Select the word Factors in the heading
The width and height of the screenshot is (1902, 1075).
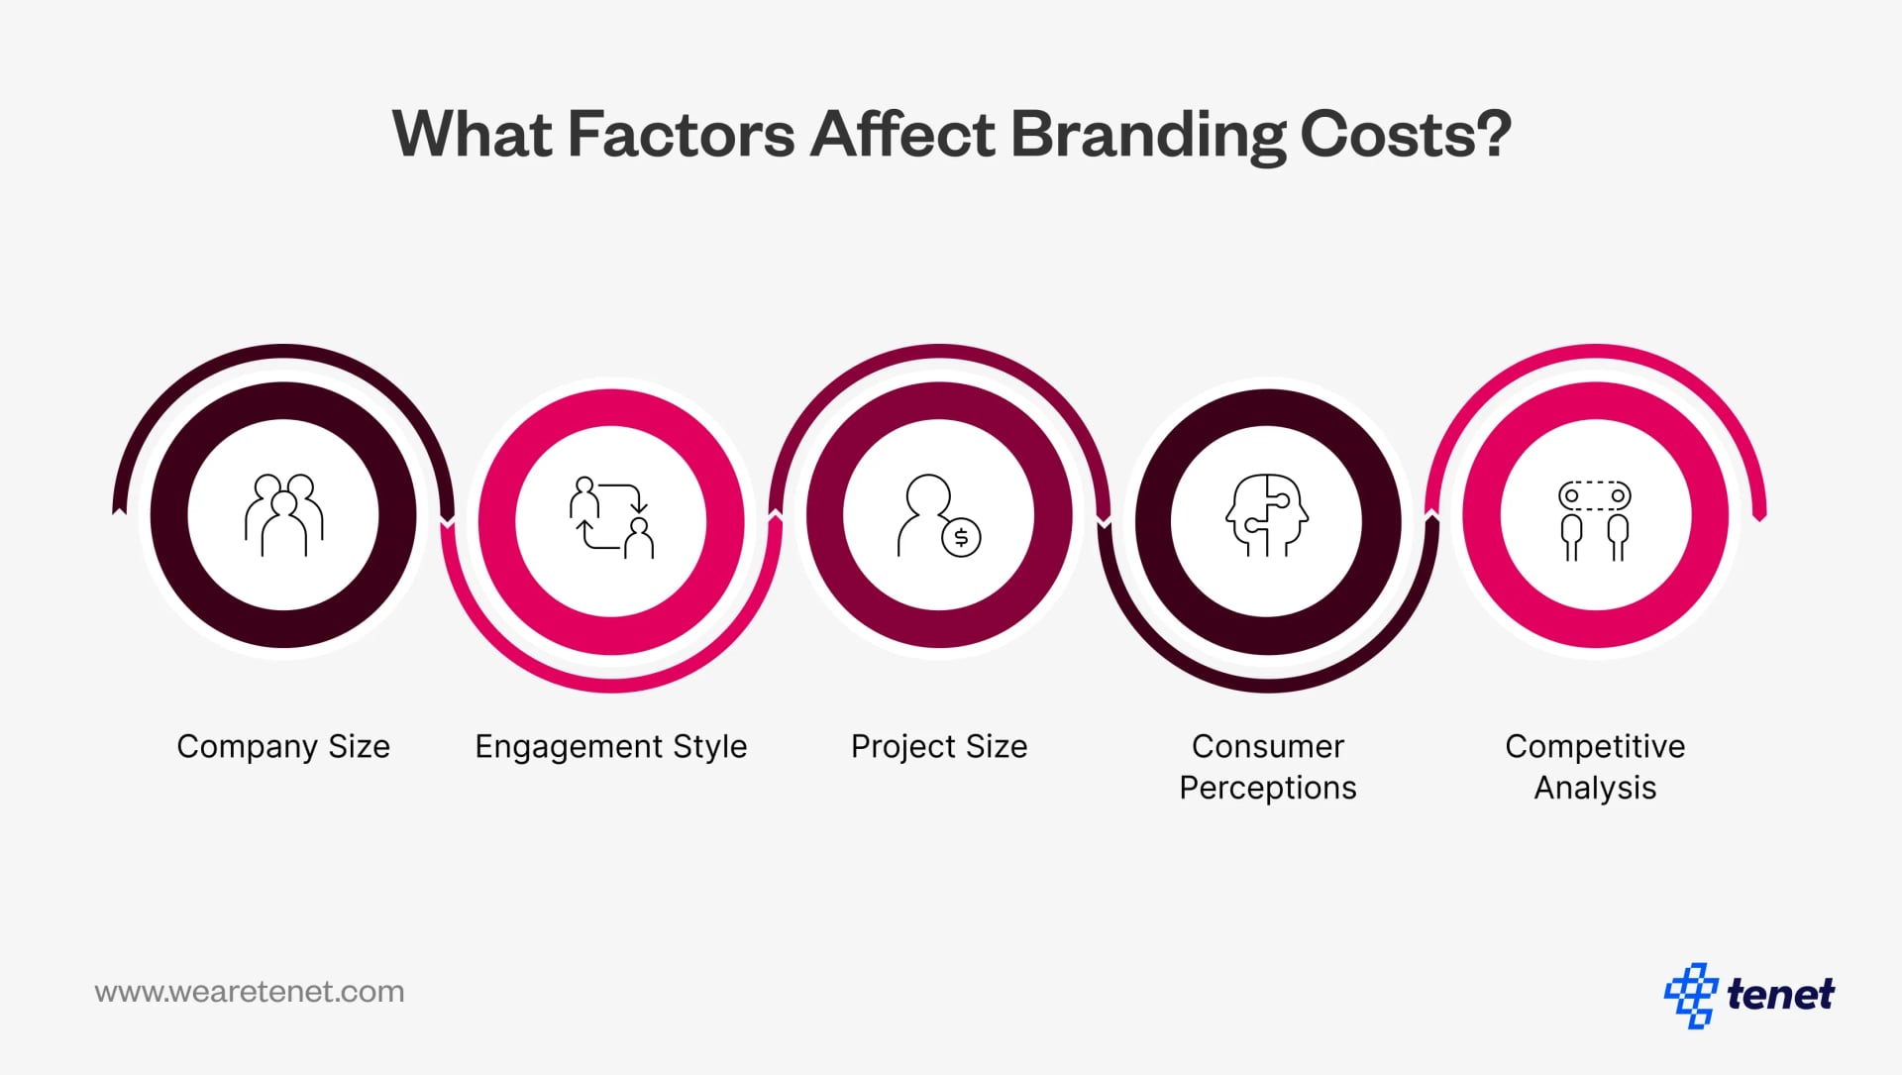coord(681,134)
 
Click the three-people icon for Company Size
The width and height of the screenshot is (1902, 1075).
coord(283,515)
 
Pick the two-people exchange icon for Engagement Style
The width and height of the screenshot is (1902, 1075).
coord(611,517)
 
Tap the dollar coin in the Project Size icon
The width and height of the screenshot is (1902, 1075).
coord(960,538)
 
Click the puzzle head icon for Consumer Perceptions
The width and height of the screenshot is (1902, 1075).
coord(1267,515)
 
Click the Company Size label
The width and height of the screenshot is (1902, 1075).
coord(283,746)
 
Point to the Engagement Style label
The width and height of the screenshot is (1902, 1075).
coord(611,746)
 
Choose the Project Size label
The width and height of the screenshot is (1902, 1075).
coord(939,746)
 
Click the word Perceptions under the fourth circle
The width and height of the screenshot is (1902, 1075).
coord(1267,788)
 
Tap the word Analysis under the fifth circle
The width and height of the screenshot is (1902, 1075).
coord(1595,788)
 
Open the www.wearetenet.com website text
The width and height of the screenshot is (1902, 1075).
coord(250,992)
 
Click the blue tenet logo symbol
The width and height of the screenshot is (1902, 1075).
coord(1690,994)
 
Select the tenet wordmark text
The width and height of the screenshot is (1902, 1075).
coord(1780,994)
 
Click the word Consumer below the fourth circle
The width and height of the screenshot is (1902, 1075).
coord(1267,746)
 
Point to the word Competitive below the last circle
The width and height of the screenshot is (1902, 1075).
coord(1595,746)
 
